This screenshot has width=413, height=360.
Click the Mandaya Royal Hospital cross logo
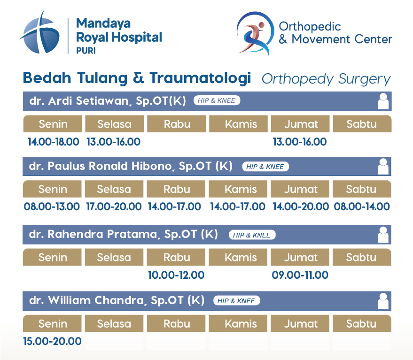pos(40,33)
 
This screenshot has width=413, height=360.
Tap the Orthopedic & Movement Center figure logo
pos(255,33)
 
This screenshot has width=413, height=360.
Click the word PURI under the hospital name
pos(86,50)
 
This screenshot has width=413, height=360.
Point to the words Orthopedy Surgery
pos(326,79)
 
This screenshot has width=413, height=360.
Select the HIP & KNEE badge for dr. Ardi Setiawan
pos(217,100)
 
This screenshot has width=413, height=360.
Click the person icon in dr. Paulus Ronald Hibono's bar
pos(383,166)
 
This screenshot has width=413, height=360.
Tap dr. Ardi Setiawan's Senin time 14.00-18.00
pos(54,142)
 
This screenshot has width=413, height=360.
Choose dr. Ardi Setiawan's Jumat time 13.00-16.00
pos(300,142)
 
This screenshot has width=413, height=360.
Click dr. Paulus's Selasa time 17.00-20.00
pos(114,207)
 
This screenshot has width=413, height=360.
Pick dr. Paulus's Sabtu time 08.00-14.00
pos(362,207)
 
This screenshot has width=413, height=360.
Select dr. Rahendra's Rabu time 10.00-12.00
pos(176,275)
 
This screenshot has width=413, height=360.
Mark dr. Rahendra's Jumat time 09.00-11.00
pos(300,275)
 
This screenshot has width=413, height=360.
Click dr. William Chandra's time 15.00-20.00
pos(52,341)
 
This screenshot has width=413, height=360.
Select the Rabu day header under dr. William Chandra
pos(176,323)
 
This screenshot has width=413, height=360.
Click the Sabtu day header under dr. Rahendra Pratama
pos(362,257)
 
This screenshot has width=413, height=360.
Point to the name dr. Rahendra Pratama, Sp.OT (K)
pos(123,234)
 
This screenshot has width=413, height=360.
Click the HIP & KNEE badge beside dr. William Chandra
pos(236,300)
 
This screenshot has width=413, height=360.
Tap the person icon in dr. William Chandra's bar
pos(383,301)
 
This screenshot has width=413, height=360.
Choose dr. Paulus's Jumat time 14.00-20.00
pos(301,207)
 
